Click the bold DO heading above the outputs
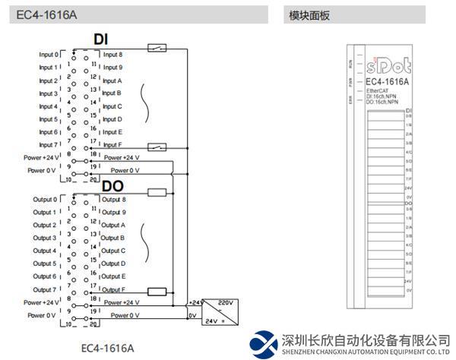[112, 186]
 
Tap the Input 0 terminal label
[48, 55]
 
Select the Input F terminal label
[112, 145]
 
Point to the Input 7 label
[48, 145]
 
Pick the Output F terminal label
[113, 289]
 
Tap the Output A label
[113, 226]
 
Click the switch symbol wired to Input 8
[157, 49]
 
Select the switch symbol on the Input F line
[157, 147]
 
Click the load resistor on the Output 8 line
[157, 193]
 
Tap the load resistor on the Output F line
[157, 291]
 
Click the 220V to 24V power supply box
[217, 311]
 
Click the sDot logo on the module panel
[388, 62]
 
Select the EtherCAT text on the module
[378, 91]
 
